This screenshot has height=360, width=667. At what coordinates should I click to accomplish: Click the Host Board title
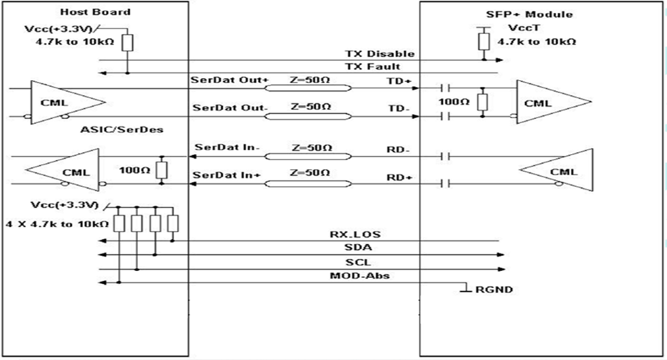point(86,12)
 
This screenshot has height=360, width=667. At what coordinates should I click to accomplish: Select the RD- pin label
point(395,147)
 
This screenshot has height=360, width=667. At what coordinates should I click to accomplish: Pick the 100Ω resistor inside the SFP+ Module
point(483,102)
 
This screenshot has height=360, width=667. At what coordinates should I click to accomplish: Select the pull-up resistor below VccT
point(483,41)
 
